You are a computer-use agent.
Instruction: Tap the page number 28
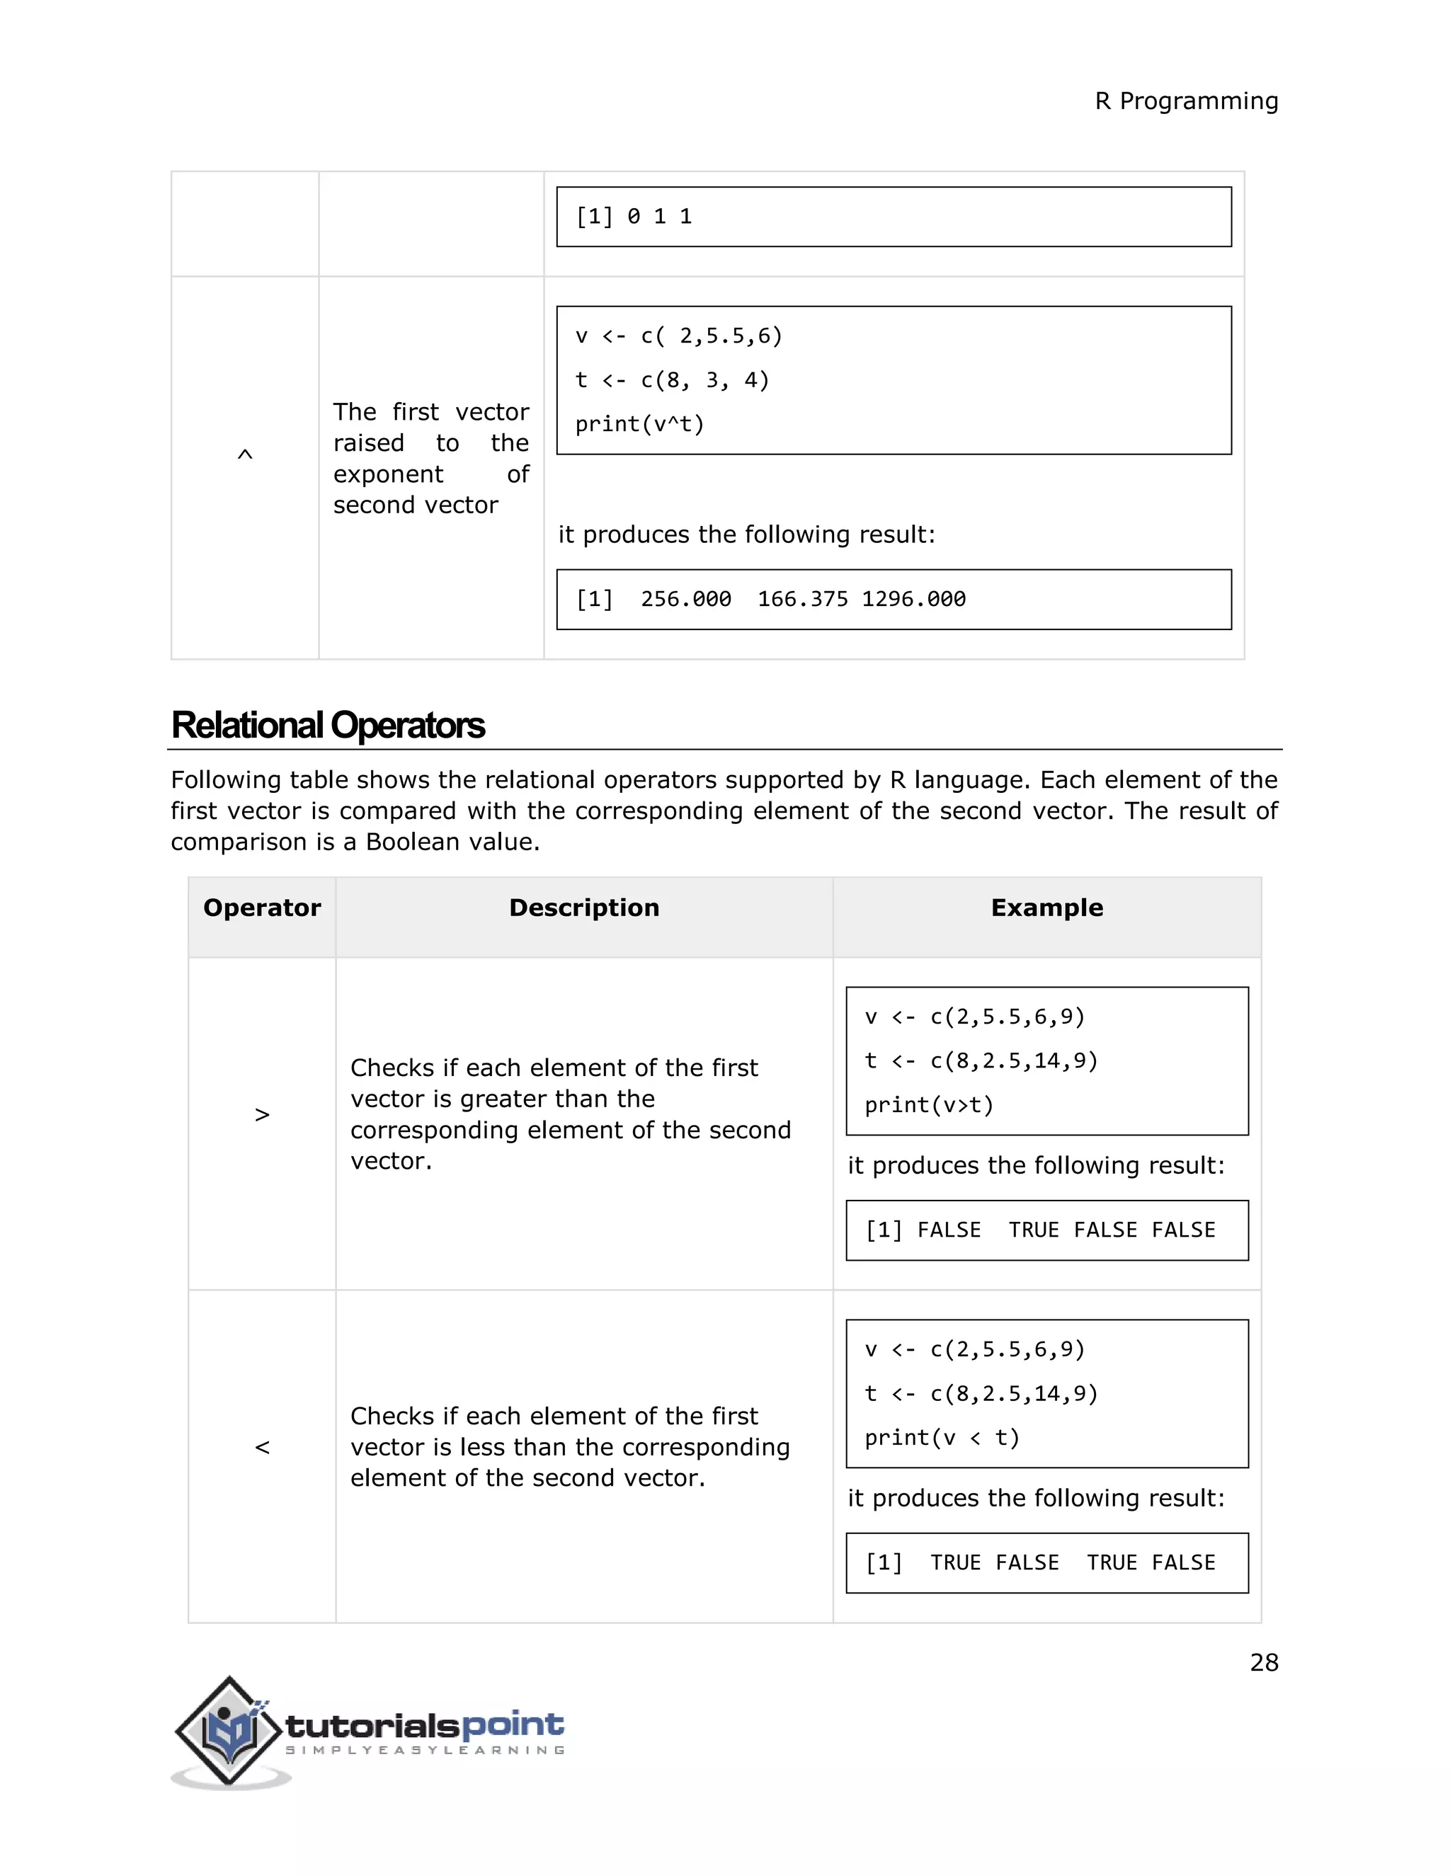click(1264, 1662)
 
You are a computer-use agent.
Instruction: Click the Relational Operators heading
click(328, 725)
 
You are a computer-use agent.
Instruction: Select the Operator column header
click(262, 908)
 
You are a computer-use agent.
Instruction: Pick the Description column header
click(584, 908)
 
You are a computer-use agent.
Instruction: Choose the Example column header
click(1046, 908)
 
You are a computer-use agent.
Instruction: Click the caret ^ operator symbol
click(245, 454)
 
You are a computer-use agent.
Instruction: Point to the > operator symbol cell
click(262, 1115)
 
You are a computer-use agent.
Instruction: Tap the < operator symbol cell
click(262, 1448)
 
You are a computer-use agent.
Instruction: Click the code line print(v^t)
click(639, 424)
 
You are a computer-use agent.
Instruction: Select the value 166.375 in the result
click(802, 600)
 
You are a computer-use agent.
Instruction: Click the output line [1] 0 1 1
click(634, 217)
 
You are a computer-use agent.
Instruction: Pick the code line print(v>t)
click(929, 1106)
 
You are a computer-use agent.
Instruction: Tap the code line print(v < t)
click(942, 1438)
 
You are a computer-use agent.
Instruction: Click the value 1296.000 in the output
click(914, 600)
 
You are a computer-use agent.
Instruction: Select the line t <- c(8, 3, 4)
click(672, 381)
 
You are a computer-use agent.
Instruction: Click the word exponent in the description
click(388, 474)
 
